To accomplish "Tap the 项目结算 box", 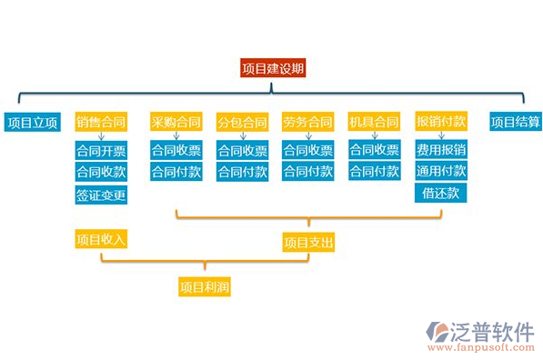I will point(515,122).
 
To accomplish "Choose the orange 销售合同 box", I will point(101,122).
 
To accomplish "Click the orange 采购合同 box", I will point(176,122).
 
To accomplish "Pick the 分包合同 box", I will point(242,122).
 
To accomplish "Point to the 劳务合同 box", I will point(307,122).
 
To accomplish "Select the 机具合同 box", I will point(374,122).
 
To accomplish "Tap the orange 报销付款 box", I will point(441,122).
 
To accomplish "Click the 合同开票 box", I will point(101,150).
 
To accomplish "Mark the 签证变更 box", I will point(101,195).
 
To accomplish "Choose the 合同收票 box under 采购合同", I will point(176,150).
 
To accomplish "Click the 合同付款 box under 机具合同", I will point(374,172).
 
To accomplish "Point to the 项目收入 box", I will point(101,239).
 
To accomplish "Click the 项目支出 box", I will point(308,243).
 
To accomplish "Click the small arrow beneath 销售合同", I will point(101,136).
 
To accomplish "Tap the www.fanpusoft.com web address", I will point(480,347).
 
